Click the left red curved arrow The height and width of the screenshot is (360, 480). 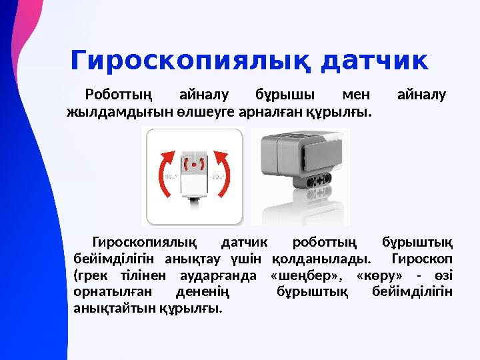pyautogui.click(x=165, y=176)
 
